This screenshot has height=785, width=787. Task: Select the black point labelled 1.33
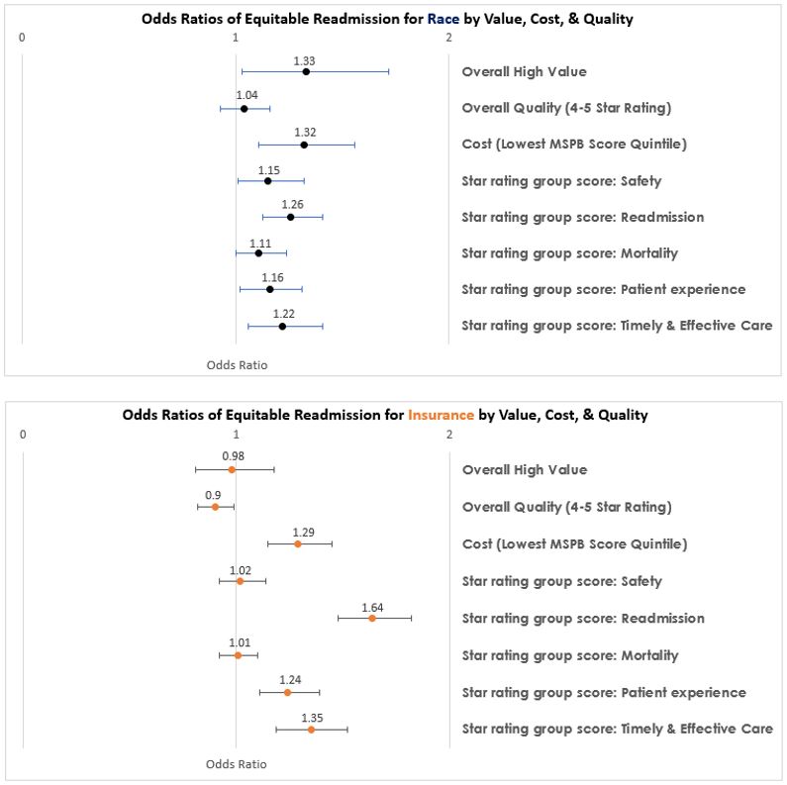(306, 71)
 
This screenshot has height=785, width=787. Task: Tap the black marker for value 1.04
(244, 108)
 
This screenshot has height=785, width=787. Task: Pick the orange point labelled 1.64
(372, 618)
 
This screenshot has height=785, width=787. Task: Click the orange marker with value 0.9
(215, 507)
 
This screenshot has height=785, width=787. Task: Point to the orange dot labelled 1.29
(297, 543)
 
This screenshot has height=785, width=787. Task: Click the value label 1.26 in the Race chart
(291, 204)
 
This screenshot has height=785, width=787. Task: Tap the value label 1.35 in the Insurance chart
(311, 718)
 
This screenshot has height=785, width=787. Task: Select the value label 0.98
(233, 456)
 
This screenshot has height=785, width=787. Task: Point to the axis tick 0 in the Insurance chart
(22, 435)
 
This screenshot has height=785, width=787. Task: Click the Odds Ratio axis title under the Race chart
(237, 364)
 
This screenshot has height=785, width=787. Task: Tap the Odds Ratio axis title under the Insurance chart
(236, 764)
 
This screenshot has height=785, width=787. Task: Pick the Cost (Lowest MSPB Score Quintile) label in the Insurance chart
(574, 543)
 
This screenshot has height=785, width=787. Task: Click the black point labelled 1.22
(282, 326)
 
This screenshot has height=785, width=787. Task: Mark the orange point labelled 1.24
(287, 692)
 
